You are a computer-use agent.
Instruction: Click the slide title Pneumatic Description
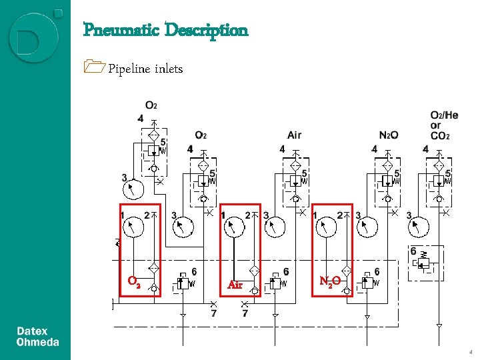(x=165, y=30)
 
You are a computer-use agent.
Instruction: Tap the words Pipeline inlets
(x=145, y=69)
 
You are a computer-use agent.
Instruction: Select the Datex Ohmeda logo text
(x=37, y=337)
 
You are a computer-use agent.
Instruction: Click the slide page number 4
(x=471, y=351)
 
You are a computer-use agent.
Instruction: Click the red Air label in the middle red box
(x=235, y=285)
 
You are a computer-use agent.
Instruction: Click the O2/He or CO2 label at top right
(x=444, y=125)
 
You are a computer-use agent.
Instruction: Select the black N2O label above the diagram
(x=388, y=135)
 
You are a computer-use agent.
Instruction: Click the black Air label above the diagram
(x=294, y=135)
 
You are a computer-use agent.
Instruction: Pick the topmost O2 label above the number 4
(x=151, y=105)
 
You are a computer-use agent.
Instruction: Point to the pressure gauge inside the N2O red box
(x=327, y=229)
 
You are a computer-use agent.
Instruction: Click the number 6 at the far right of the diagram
(x=413, y=251)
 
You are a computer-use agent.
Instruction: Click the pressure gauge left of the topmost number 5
(x=134, y=189)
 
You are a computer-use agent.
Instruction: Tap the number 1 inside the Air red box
(x=223, y=214)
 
